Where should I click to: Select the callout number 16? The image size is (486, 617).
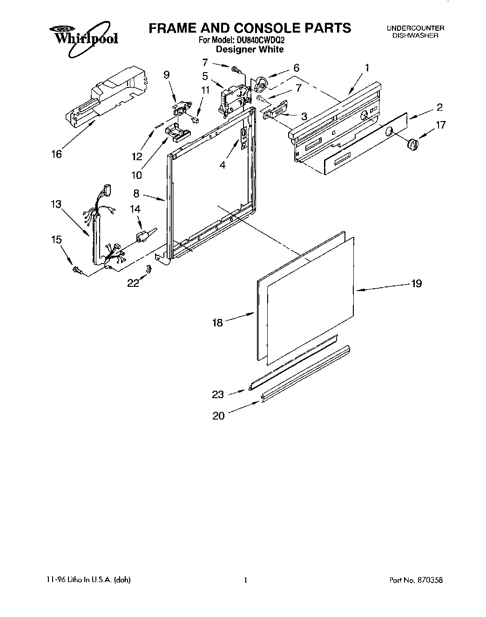[x=56, y=155]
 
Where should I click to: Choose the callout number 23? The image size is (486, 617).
[x=218, y=395]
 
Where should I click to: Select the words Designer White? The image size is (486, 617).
[x=250, y=49]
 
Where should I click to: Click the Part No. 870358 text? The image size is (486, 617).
[x=416, y=580]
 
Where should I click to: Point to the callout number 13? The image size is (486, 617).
[x=56, y=204]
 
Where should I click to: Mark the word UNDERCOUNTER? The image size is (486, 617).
[x=415, y=28]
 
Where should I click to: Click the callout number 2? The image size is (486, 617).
[x=439, y=108]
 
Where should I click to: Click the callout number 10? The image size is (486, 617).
[x=137, y=175]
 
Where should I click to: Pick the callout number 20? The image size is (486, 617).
[x=218, y=416]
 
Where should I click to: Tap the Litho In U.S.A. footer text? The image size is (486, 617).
[x=88, y=580]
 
